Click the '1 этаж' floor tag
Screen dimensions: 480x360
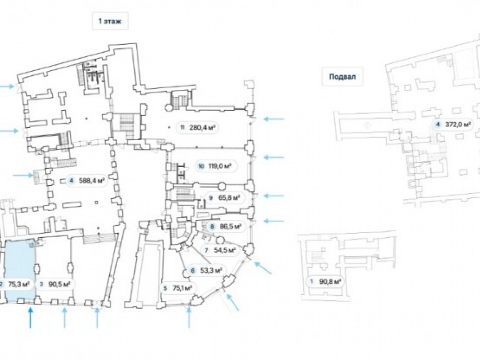pos(110,21)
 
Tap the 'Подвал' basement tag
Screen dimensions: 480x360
pos(342,76)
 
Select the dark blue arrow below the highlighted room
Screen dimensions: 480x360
pos(30,318)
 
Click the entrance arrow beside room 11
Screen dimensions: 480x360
pos(274,119)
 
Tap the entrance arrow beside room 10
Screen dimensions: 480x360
pos(274,157)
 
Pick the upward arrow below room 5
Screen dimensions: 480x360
pos(189,318)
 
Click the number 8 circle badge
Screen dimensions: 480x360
pos(212,227)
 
